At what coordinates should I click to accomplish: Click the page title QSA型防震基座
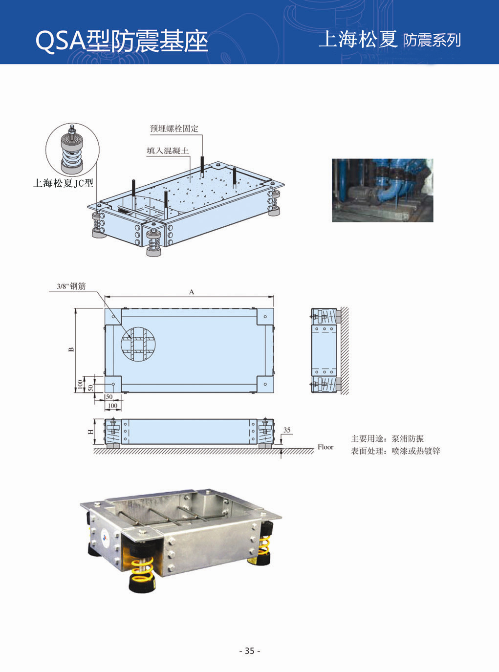coord(122,41)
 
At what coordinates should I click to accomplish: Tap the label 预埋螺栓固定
coord(174,129)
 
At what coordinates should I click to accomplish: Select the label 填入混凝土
coord(168,151)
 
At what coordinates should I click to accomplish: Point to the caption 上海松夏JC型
coord(63,183)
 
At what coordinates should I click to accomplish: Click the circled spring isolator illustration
coord(72,149)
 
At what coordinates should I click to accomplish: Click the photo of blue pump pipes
coord(382,190)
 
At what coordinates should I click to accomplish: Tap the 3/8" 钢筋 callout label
coord(71,286)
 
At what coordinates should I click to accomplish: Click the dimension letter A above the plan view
coord(192,292)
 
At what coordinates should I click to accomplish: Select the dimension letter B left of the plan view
coord(71,349)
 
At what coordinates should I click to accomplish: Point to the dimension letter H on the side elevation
coord(90,432)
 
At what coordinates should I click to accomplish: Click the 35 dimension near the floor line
coord(287,430)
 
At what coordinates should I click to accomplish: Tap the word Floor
coord(325,447)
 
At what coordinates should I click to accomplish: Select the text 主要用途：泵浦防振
coord(387,438)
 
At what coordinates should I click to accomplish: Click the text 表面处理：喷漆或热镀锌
coord(395,451)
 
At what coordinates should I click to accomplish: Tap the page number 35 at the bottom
coord(250,650)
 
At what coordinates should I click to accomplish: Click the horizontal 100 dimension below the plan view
coord(112,406)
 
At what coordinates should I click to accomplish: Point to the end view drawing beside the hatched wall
coord(324,350)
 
